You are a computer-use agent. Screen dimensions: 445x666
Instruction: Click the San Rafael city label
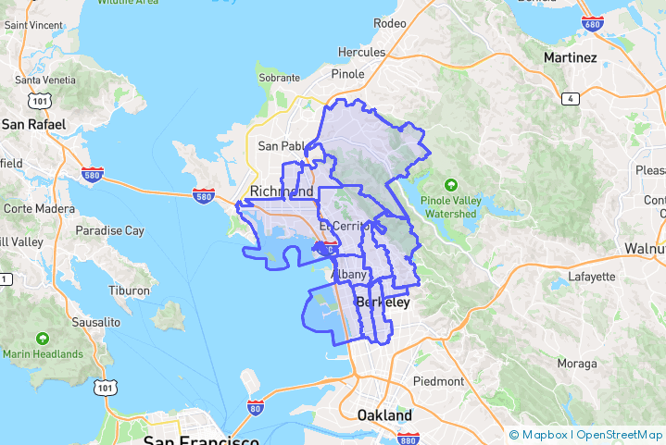click(33, 124)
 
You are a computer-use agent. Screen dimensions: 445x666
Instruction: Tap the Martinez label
click(571, 57)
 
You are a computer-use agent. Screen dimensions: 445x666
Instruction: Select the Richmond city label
click(282, 192)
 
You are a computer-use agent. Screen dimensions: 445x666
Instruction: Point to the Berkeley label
click(383, 303)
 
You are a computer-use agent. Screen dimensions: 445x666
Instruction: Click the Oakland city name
click(384, 415)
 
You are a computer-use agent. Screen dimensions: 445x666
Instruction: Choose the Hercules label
click(361, 52)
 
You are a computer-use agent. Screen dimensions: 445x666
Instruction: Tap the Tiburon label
click(129, 290)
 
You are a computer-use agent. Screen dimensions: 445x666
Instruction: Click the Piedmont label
click(438, 381)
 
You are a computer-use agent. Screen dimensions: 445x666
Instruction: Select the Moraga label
click(576, 364)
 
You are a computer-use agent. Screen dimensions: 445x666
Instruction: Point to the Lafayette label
click(591, 276)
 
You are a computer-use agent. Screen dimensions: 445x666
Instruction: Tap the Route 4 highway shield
click(571, 98)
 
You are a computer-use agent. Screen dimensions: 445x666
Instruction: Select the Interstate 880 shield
click(408, 439)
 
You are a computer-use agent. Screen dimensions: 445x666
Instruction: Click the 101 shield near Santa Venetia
click(39, 100)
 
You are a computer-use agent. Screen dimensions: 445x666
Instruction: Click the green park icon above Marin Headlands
click(42, 339)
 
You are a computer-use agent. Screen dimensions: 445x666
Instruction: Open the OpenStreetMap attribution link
click(620, 434)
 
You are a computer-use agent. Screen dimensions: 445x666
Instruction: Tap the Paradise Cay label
click(109, 230)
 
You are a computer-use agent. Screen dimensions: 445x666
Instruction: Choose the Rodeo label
click(389, 22)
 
